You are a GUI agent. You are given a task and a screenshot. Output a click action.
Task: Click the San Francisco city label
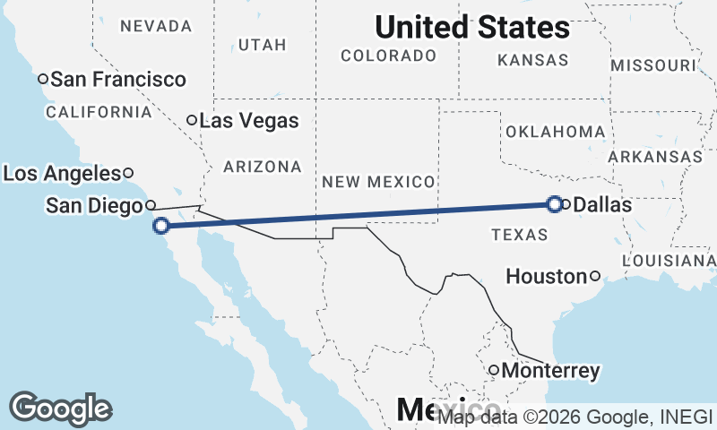tap(117, 80)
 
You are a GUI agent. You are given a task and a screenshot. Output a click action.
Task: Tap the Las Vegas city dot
tap(191, 119)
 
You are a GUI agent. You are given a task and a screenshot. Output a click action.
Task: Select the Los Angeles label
tap(61, 173)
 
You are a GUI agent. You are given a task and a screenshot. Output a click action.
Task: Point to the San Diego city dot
tap(151, 204)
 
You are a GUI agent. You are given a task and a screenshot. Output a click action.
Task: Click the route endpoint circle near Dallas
tap(554, 204)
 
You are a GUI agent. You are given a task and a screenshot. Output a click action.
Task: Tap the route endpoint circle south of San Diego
tap(161, 226)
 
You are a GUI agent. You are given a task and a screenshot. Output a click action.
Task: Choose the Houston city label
tap(545, 277)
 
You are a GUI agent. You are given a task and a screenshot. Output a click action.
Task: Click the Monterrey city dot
tap(494, 369)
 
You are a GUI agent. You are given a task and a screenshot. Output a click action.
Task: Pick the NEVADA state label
tap(156, 26)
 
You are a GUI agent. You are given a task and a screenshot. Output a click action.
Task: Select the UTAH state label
tap(262, 44)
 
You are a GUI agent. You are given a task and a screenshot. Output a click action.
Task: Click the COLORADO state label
tap(388, 56)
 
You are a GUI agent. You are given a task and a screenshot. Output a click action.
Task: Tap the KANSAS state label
tap(532, 60)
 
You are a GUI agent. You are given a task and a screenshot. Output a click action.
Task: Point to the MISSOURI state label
tap(652, 65)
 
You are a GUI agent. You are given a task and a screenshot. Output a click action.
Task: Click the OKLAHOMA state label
tap(555, 132)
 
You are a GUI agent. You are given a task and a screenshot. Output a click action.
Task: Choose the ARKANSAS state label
tap(654, 156)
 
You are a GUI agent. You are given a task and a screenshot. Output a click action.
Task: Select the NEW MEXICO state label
tap(378, 182)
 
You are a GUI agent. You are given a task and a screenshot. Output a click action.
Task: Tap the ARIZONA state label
tap(263, 167)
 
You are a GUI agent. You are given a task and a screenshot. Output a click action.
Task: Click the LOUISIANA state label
tap(668, 260)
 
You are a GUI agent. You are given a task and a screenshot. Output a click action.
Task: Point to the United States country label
tap(471, 27)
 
